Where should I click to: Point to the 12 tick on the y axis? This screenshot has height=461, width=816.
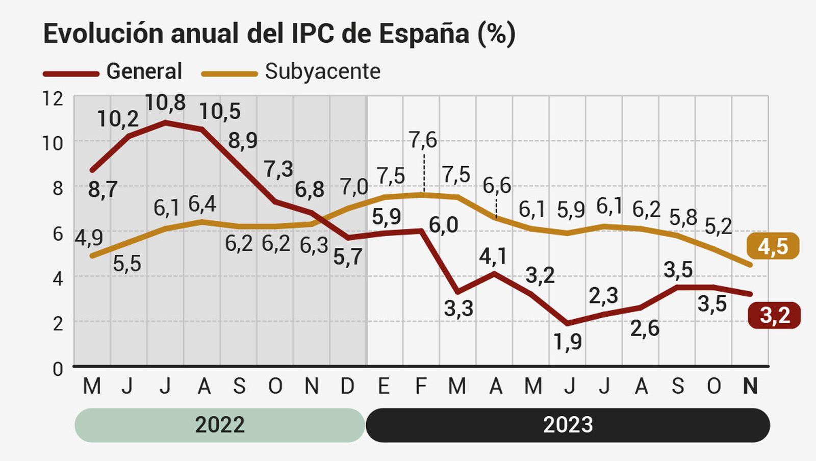pyautogui.click(x=53, y=98)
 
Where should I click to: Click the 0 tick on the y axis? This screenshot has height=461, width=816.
pyautogui.click(x=58, y=369)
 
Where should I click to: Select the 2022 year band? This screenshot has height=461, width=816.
pyautogui.click(x=220, y=425)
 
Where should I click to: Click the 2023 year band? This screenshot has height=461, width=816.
pyautogui.click(x=568, y=425)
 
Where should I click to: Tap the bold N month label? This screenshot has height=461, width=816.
pyautogui.click(x=750, y=387)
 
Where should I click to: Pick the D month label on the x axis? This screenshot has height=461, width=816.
pyautogui.click(x=347, y=387)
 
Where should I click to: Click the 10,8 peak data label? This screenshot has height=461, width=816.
pyautogui.click(x=165, y=103)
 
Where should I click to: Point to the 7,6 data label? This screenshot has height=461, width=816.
pyautogui.click(x=423, y=140)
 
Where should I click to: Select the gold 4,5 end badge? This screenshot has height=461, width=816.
pyautogui.click(x=773, y=247)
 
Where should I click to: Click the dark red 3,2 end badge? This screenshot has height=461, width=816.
pyautogui.click(x=774, y=316)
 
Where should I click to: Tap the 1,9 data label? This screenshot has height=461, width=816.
pyautogui.click(x=568, y=341)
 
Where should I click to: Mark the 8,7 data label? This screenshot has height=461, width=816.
pyautogui.click(x=103, y=190)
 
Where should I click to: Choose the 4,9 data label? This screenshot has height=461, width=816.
pyautogui.click(x=89, y=237)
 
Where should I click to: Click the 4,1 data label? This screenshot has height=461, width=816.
pyautogui.click(x=493, y=256)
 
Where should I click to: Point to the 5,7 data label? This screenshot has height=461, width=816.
pyautogui.click(x=348, y=257)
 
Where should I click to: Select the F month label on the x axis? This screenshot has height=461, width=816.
pyautogui.click(x=421, y=387)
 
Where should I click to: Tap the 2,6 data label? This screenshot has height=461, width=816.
pyautogui.click(x=645, y=328)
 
